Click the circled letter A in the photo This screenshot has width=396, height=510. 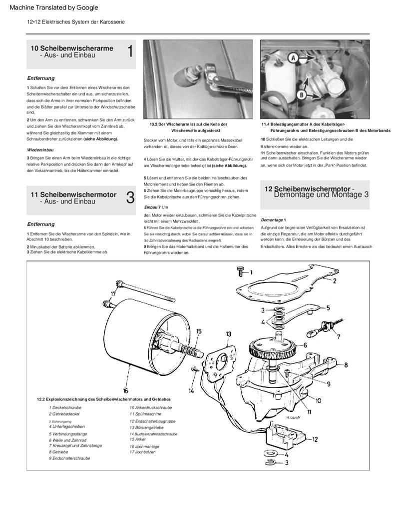pos(292,58)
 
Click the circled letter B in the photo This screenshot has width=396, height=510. pos(302,94)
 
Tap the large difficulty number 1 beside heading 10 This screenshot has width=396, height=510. pos(130,51)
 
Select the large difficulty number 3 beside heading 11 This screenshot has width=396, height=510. pos(130,197)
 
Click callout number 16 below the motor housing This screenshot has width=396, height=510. pos(125,390)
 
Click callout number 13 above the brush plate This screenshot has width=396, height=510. pos(228,333)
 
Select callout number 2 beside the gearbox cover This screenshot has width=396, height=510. pos(336,281)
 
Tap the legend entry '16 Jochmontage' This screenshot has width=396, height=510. pos(145,446)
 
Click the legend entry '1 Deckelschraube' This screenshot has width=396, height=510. pos(65,407)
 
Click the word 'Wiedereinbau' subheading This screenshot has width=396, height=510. pos(40,149)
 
